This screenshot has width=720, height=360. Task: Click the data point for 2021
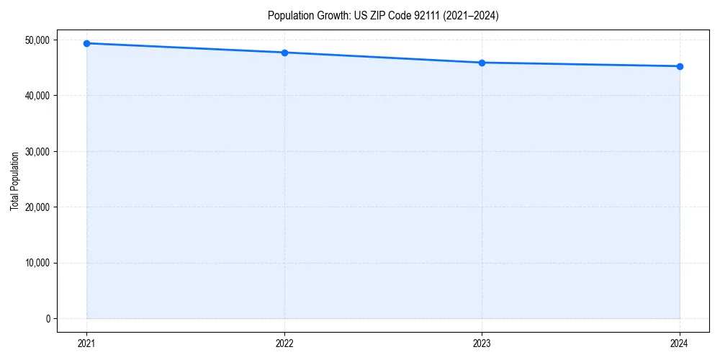(86, 43)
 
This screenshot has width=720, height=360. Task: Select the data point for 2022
(284, 53)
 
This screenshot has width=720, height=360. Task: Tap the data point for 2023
(482, 63)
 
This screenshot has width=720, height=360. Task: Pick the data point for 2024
(680, 66)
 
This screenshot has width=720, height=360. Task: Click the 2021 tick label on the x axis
(86, 343)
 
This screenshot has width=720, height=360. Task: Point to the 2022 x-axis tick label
(284, 343)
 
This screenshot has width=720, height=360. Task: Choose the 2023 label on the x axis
(482, 343)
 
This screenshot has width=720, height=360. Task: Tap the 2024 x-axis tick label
(680, 343)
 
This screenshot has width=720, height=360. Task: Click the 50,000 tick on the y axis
(37, 40)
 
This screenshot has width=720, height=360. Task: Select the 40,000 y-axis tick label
(37, 96)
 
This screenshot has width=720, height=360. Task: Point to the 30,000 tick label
(37, 151)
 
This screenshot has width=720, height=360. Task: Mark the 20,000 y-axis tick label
(37, 207)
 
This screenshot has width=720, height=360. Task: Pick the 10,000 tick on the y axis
(37, 263)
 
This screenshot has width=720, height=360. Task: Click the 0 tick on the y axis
(47, 318)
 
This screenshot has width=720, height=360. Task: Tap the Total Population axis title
(14, 181)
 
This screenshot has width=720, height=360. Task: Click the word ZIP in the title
(377, 15)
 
